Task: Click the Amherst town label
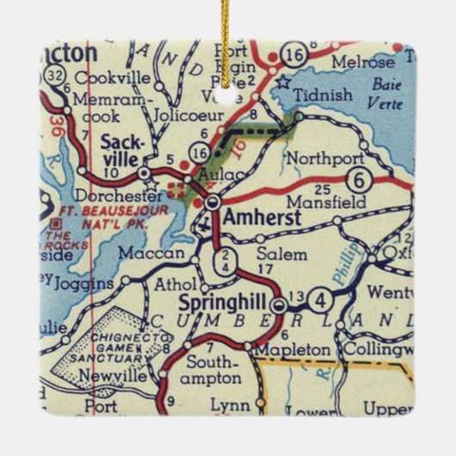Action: click(262, 219)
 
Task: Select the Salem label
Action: click(281, 254)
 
